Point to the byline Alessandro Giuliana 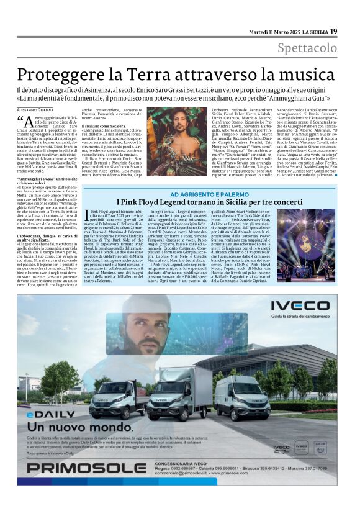pyautogui.click(x=35, y=110)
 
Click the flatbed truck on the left pyautogui.click(x=118, y=397)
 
